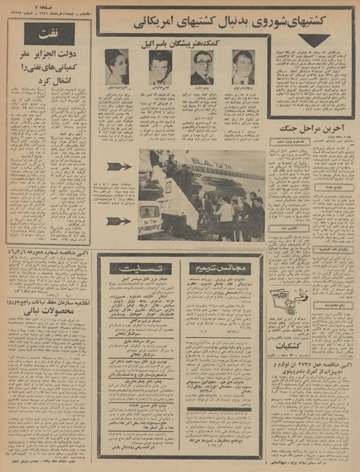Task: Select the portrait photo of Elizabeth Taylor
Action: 117,67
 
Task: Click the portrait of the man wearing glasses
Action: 202,67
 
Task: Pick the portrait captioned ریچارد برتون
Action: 243,67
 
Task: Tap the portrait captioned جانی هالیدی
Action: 160,67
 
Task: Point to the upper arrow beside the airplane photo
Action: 119,166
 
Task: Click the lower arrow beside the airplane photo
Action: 119,221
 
